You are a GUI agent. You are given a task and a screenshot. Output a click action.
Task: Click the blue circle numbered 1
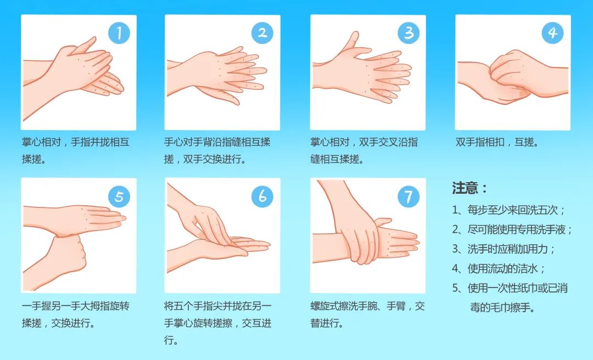coord(119,33)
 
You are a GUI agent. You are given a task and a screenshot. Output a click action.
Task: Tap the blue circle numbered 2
coord(262,33)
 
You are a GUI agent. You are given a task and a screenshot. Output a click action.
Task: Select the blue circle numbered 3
coord(409,33)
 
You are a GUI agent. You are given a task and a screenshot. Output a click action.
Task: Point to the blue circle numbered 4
coord(552,33)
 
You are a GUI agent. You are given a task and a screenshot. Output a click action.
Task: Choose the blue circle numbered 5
coord(119,196)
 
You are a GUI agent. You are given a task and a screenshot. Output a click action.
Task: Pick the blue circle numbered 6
coord(262,196)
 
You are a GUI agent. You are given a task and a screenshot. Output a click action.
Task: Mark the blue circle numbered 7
coord(409,196)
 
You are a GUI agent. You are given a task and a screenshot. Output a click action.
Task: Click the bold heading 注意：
coord(470,188)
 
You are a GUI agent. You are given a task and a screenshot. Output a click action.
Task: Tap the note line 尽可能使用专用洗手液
coord(520,229)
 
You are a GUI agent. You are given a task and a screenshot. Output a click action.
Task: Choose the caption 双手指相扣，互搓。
coord(497,142)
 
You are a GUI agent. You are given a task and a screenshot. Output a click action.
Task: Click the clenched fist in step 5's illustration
coord(68,254)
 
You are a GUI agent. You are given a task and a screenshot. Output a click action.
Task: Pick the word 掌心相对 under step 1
coord(41,142)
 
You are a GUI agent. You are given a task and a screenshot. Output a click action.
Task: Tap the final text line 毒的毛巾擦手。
coord(502,307)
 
